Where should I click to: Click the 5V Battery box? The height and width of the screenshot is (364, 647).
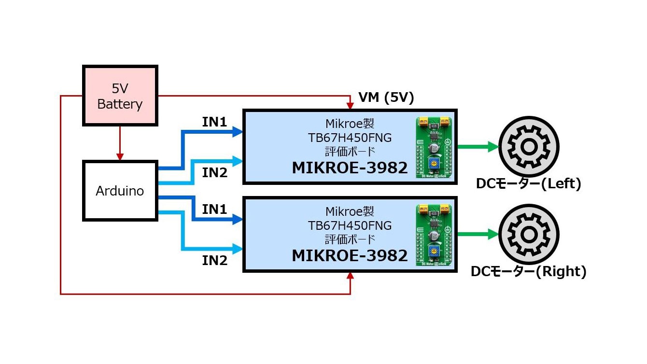click(120, 96)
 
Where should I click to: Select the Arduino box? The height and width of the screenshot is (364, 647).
click(120, 191)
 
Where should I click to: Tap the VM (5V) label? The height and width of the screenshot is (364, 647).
click(386, 98)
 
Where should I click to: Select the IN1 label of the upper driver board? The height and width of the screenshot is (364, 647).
click(214, 123)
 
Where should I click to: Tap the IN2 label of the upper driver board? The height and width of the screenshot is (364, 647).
click(214, 172)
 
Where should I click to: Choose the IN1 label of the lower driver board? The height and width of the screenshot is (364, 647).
click(214, 210)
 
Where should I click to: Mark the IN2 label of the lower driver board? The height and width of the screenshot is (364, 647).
click(214, 261)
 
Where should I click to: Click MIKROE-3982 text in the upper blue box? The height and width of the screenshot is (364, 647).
click(350, 168)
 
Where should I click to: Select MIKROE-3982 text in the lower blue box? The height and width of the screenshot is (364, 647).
click(350, 255)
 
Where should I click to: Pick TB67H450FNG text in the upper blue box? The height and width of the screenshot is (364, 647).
click(350, 138)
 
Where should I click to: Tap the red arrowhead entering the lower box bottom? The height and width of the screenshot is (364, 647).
click(350, 277)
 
